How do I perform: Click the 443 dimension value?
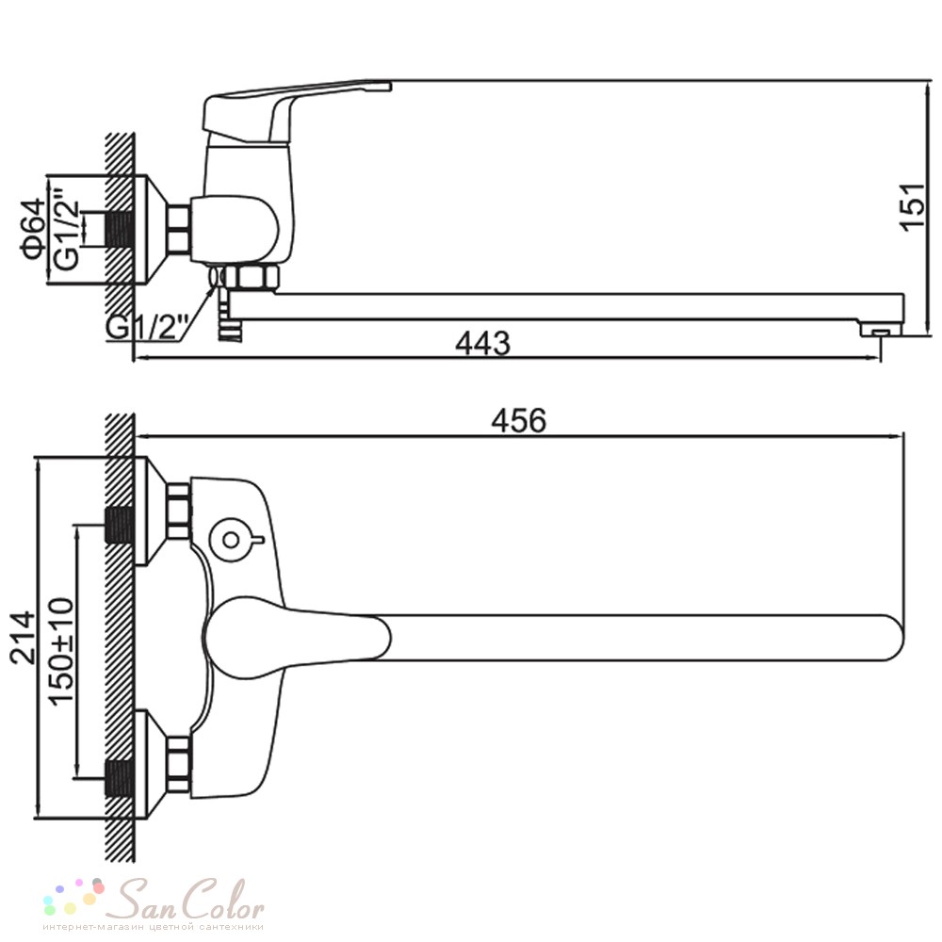[x=483, y=343]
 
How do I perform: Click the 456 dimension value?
[x=519, y=420]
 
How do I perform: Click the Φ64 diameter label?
[x=32, y=231]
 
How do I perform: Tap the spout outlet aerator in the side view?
[x=880, y=331]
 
